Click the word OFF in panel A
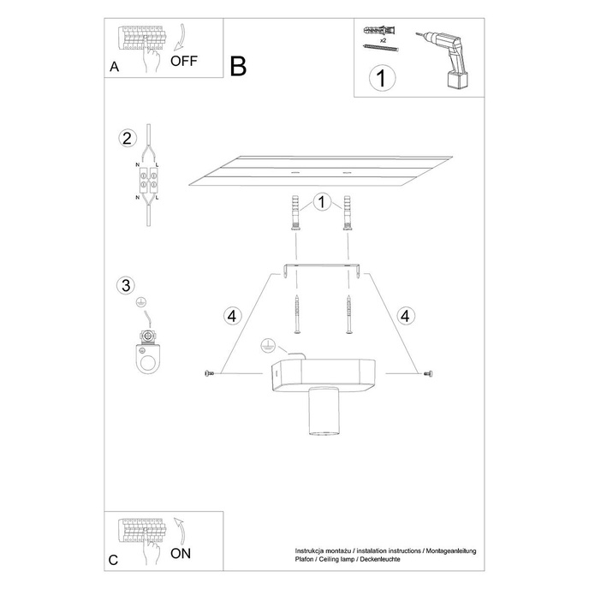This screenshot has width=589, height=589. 184,61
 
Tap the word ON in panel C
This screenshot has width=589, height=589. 181,554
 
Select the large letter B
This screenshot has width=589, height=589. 238,66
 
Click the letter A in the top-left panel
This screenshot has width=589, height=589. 114,68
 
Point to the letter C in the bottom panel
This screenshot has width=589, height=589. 114,561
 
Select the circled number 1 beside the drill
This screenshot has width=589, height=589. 382,80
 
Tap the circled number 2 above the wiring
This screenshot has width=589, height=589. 127,139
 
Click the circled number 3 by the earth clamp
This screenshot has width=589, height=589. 127,285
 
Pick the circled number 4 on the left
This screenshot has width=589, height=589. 230,316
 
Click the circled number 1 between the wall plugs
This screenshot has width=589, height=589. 321,203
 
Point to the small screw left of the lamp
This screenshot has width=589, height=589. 208,373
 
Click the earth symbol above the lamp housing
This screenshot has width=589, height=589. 265,347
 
